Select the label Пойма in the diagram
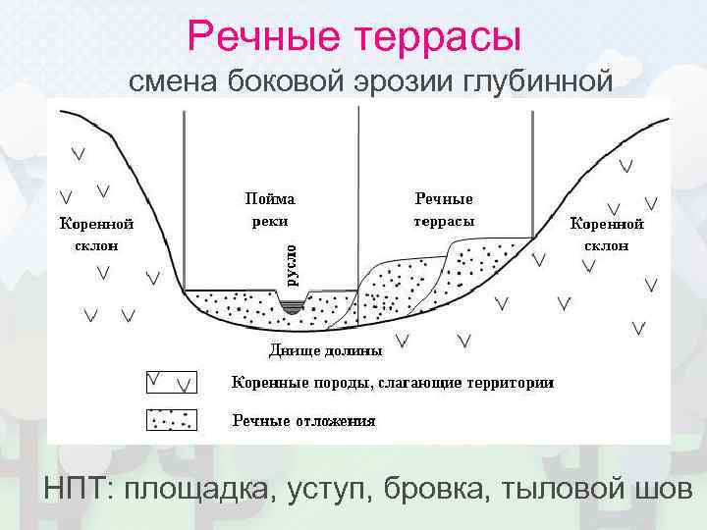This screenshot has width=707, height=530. (269, 198)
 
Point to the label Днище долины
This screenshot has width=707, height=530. (326, 348)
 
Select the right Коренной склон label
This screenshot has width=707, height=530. (607, 234)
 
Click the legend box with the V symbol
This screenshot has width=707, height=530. (171, 381)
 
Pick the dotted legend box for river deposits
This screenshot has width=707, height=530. (171, 420)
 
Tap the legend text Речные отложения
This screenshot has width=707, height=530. (303, 421)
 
